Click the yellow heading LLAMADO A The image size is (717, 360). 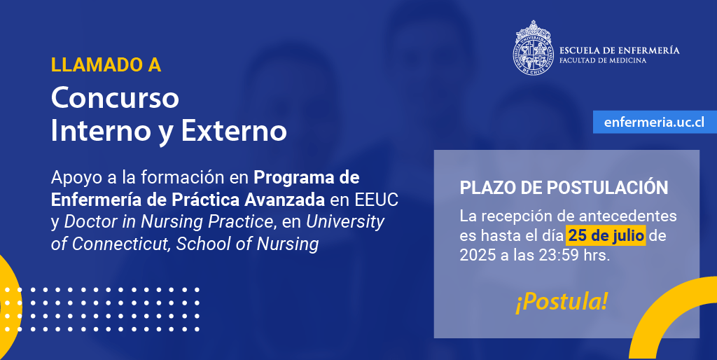pyautogui.click(x=106, y=65)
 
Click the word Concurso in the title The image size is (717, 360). pyautogui.click(x=115, y=97)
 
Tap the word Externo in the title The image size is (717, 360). pyautogui.click(x=234, y=131)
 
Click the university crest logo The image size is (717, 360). pyautogui.click(x=533, y=48)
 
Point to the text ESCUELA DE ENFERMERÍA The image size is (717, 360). pyautogui.click(x=620, y=50)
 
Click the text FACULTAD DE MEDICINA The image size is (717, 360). pyautogui.click(x=603, y=60)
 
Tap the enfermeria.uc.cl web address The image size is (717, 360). pyautogui.click(x=654, y=122)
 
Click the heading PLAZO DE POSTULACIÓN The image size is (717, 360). pyautogui.click(x=564, y=188)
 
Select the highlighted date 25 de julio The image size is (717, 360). pyautogui.click(x=606, y=235)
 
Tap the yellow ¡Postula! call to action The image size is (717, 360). pyautogui.click(x=562, y=303)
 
